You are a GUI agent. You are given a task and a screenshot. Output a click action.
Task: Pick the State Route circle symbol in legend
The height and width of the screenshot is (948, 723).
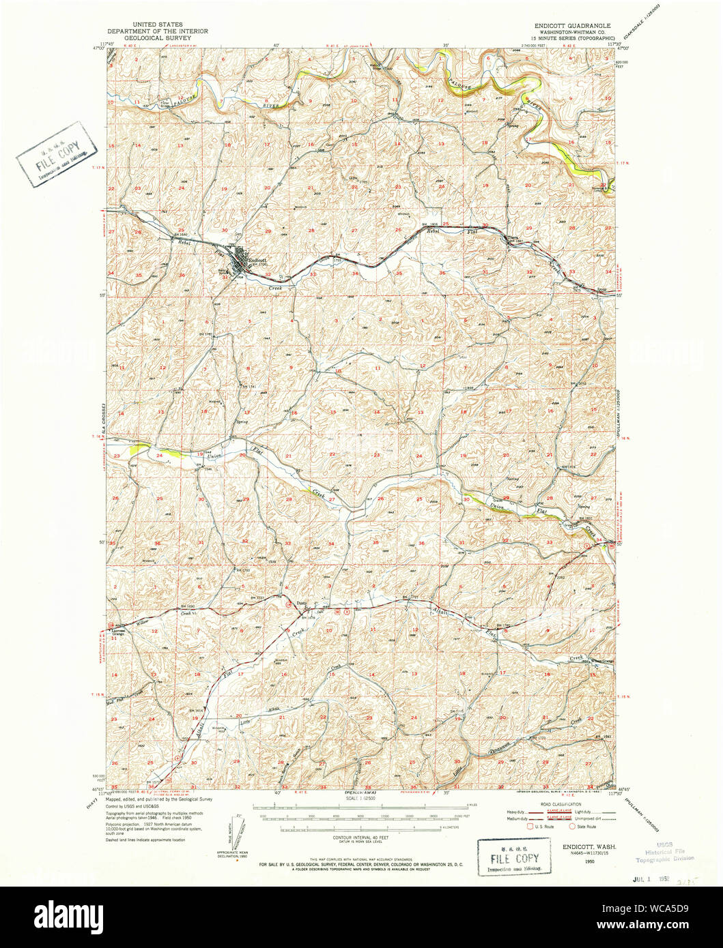tap(572, 826)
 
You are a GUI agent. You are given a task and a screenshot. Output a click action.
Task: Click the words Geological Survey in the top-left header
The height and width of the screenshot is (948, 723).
tap(158, 39)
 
